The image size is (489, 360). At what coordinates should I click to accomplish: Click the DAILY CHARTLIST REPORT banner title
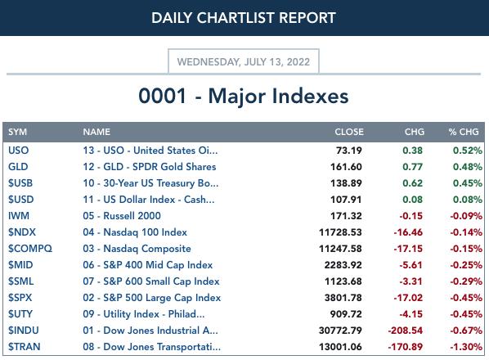[244, 17]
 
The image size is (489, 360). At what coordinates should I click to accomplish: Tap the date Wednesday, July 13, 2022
[244, 61]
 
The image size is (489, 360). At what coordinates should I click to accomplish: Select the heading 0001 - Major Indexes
[244, 96]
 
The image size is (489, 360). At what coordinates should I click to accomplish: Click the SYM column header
[17, 132]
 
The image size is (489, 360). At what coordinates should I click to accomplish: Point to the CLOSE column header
[349, 132]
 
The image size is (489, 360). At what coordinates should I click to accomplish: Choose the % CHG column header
[464, 132]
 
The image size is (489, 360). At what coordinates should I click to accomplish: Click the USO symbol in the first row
[19, 151]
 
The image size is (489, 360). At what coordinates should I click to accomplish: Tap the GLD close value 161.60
[346, 167]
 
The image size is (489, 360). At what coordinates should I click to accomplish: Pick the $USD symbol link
[21, 200]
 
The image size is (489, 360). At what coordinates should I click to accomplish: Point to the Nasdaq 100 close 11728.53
[340, 232]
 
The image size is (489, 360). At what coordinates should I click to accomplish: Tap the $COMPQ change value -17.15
[408, 249]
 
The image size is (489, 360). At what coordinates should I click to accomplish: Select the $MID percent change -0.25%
[466, 265]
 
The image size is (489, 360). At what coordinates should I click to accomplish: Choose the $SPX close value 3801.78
[343, 298]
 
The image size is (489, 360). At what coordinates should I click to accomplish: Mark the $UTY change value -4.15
[411, 314]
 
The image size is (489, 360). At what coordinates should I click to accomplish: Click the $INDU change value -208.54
[406, 331]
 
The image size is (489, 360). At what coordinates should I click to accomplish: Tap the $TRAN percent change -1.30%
[466, 347]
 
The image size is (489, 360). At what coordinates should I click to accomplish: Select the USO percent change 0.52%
[468, 151]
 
